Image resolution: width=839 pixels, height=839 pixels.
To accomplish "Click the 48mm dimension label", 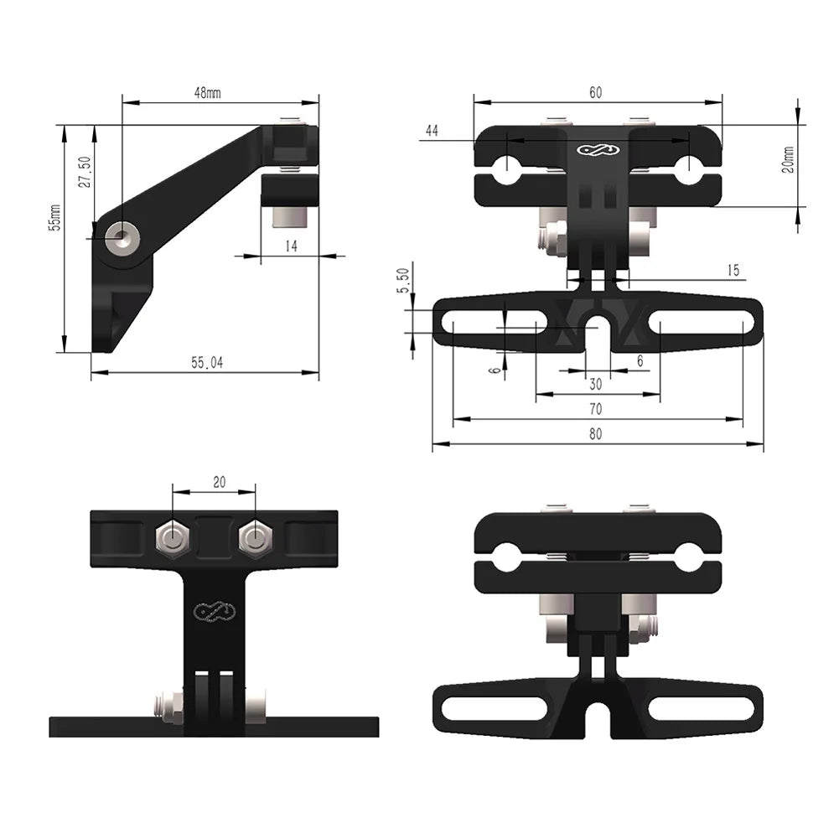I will [207, 94].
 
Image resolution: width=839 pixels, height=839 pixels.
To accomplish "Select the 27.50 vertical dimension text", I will [85, 173].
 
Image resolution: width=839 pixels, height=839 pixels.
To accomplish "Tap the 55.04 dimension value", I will [207, 362].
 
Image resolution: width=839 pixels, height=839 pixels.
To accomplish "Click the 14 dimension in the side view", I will [291, 246].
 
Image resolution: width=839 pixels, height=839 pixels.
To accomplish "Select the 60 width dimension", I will [596, 92].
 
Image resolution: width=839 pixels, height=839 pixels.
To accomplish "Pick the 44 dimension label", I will [432, 131].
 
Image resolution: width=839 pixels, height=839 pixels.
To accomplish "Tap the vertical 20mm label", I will [787, 159].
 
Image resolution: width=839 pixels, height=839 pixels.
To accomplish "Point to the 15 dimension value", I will [733, 270].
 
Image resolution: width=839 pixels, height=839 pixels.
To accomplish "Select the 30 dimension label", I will [596, 384].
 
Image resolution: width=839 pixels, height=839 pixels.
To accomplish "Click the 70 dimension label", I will [596, 409].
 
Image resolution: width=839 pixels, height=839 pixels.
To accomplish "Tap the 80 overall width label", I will [596, 434].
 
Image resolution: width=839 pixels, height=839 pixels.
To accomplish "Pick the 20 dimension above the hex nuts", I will [219, 482].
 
